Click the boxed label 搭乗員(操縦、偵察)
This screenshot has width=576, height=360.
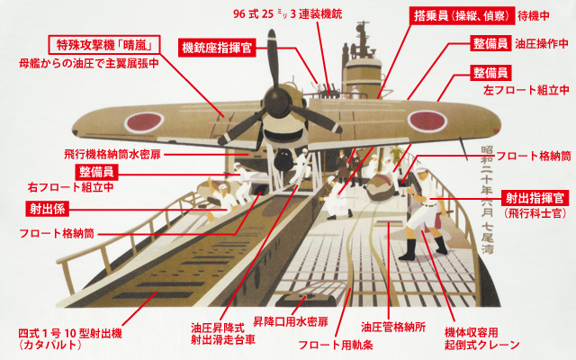tap(445, 16)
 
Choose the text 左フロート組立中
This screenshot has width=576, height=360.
tap(526, 90)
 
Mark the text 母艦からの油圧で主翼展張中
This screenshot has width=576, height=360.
tap(88, 65)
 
